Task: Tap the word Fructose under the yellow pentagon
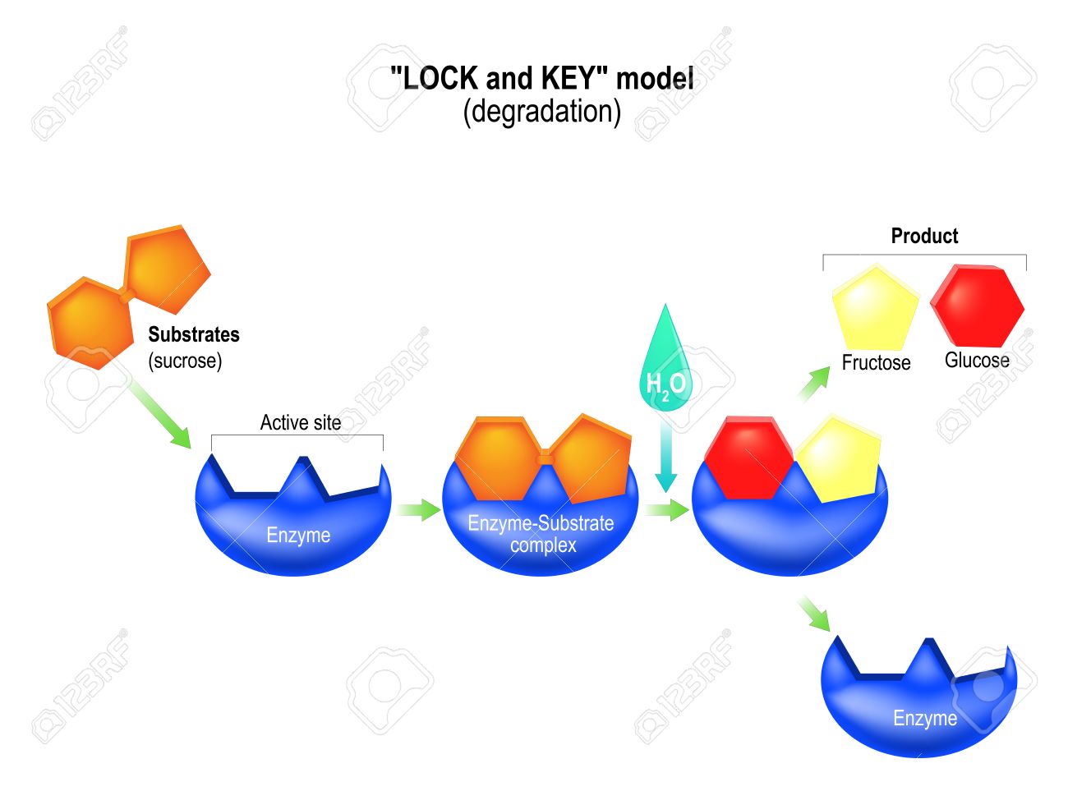pyautogui.click(x=876, y=362)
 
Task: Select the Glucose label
pyautogui.click(x=977, y=360)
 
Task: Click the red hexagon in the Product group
pyautogui.click(x=978, y=306)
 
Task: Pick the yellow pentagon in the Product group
pyautogui.click(x=875, y=308)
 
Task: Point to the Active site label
pyautogui.click(x=301, y=422)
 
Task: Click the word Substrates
pyautogui.click(x=194, y=334)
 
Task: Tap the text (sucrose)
pyautogui.click(x=185, y=361)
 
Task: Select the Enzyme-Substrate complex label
pyautogui.click(x=541, y=534)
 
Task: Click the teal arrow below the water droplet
pyautogui.click(x=665, y=460)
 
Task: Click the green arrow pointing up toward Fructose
pyautogui.click(x=814, y=384)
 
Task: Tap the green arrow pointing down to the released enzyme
pyautogui.click(x=814, y=614)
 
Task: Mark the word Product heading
pyautogui.click(x=924, y=236)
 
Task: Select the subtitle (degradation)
pyautogui.click(x=541, y=111)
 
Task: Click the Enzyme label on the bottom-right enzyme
pyautogui.click(x=925, y=718)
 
